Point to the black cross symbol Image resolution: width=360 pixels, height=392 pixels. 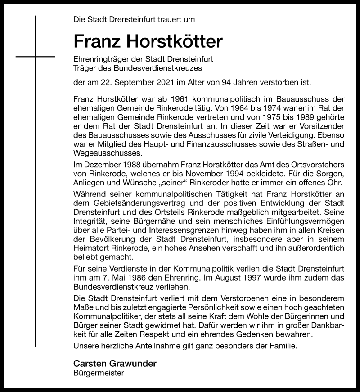click(35, 57)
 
